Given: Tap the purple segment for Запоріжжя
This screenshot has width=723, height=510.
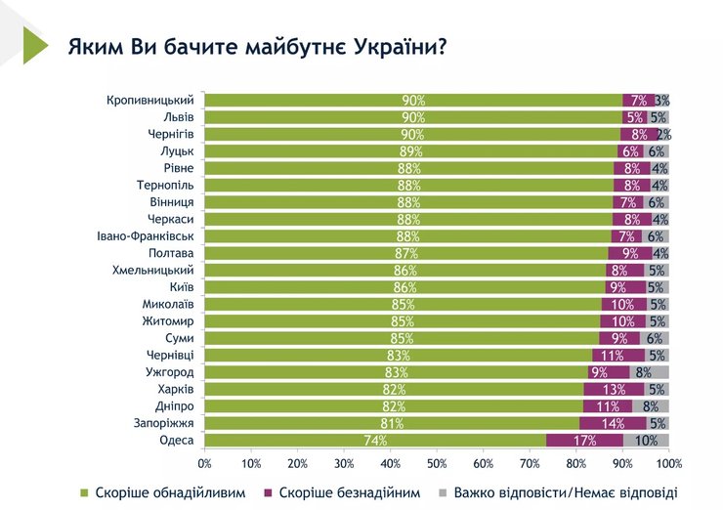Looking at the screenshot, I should coord(613,423).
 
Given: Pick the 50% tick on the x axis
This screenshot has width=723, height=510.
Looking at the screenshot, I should coord(437,462).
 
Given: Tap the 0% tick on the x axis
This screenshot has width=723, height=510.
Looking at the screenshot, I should coord(205,462).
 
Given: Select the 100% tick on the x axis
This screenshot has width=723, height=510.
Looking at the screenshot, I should coord(668,462).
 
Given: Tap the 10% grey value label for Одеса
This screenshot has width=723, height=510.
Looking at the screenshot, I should coord(646,441).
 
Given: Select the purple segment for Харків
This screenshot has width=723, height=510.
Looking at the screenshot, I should coord(615,390).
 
